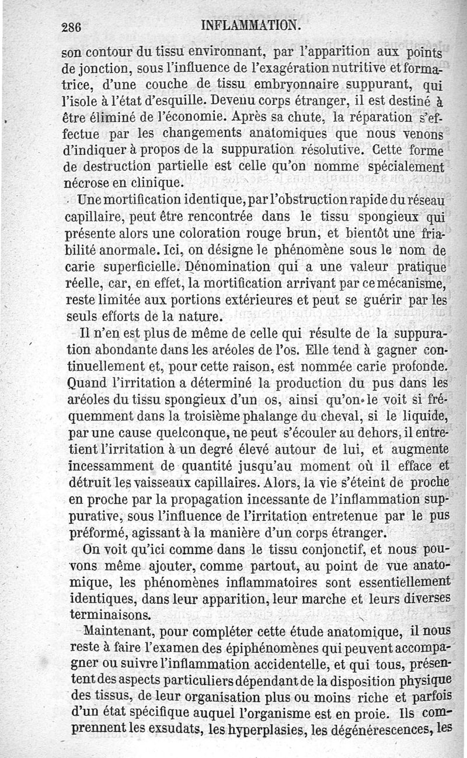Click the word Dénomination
[219, 268]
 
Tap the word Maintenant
[120, 632]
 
